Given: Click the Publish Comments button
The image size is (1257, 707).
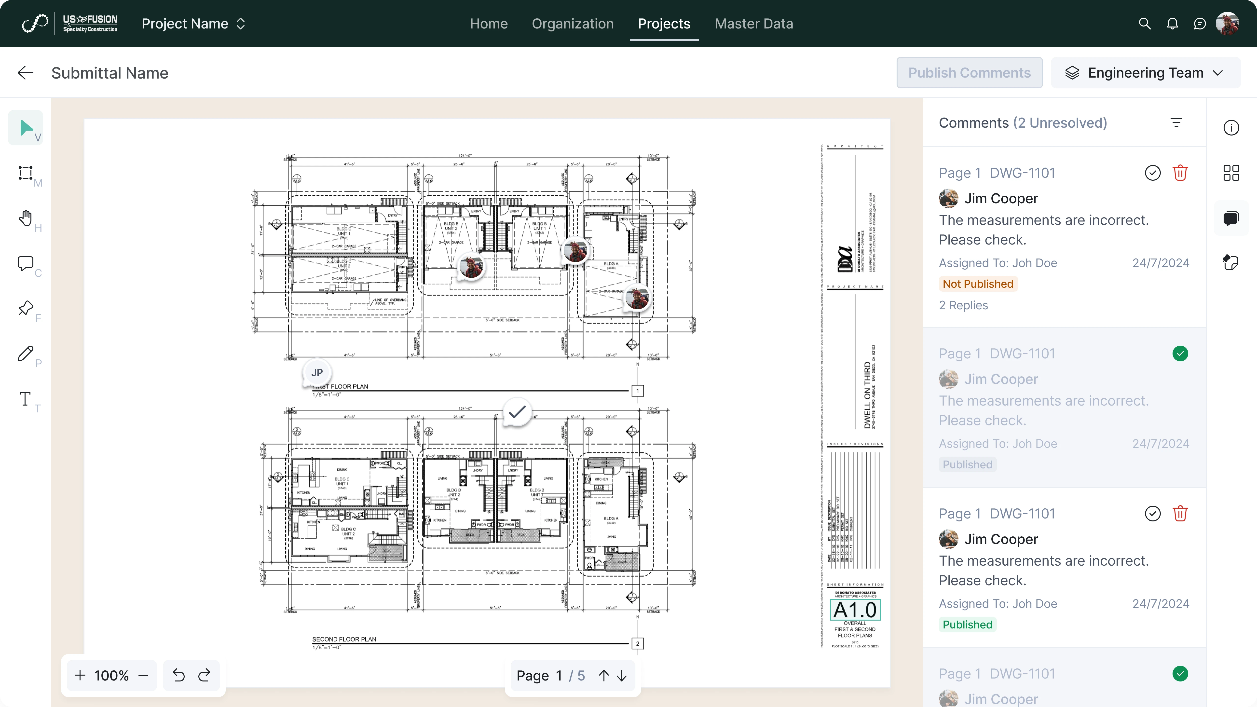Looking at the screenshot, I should click(969, 73).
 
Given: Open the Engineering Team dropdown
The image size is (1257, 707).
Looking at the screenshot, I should click(1145, 73).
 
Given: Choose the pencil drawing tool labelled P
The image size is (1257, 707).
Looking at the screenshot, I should click(25, 354).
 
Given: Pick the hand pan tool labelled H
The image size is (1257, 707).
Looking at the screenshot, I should click(25, 218).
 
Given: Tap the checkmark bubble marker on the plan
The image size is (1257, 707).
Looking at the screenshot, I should click(517, 413).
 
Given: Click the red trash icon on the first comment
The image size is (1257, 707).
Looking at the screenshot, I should click(1180, 173).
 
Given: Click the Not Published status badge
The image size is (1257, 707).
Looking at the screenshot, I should click(977, 284).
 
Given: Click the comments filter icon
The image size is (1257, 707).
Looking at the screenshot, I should click(1176, 122).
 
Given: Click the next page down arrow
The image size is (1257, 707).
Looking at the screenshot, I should click(622, 675).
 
